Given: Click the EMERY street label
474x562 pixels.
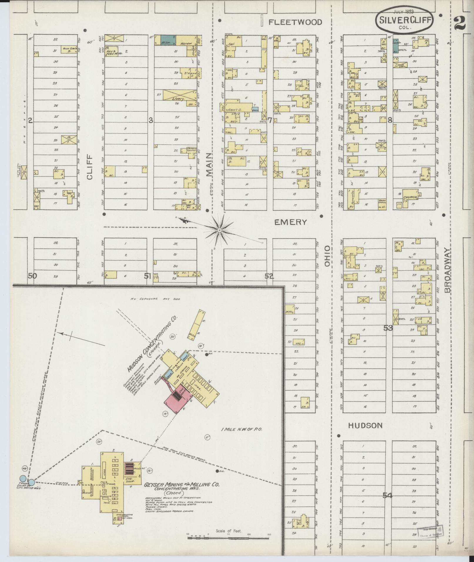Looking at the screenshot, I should click(290, 222).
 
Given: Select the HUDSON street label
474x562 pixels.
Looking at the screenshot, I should click(365, 425).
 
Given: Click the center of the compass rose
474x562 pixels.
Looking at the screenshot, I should click(219, 229).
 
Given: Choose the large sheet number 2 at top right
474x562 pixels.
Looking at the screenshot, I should click(460, 23).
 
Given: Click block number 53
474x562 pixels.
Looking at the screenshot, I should click(388, 328).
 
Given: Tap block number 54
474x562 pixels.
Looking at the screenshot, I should click(387, 496).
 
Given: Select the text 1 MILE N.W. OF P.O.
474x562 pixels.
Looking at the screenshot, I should click(242, 430).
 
